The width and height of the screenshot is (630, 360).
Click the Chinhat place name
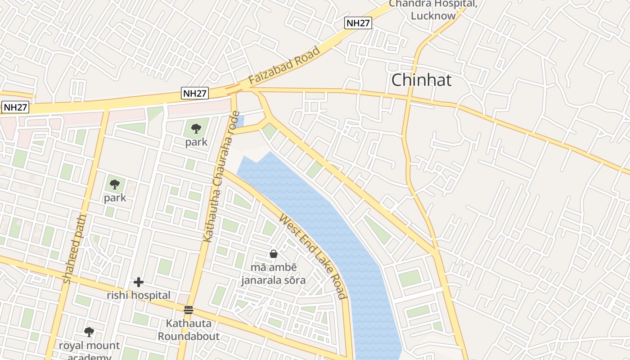[421, 80]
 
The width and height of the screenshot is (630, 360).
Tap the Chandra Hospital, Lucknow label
[433, 9]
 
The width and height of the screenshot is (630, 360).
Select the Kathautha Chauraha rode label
[220, 176]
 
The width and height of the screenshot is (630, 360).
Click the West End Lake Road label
[313, 256]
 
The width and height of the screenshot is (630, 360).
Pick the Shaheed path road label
[75, 249]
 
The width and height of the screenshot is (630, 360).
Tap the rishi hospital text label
[139, 296]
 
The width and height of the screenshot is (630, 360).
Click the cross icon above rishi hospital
[139, 282]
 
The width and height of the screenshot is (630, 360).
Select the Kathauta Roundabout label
[189, 329]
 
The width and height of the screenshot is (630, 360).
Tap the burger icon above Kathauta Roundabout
[189, 310]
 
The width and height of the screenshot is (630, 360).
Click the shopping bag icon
[273, 254]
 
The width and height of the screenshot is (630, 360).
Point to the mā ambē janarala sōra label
[273, 274]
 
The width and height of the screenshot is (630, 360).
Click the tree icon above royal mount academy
[89, 332]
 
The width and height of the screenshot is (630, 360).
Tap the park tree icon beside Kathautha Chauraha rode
[196, 129]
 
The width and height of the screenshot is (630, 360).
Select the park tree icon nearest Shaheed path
[115, 184]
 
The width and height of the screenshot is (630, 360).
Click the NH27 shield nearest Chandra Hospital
[358, 23]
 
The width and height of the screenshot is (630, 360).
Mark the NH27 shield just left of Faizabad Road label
[195, 94]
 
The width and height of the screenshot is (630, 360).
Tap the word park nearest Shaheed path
[115, 198]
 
